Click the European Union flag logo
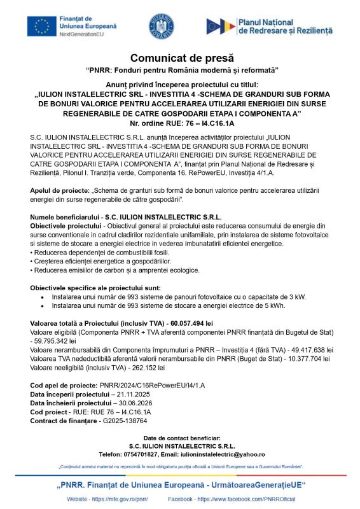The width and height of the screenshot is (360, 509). click(x=41, y=26)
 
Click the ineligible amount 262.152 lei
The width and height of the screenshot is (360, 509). click(x=144, y=367)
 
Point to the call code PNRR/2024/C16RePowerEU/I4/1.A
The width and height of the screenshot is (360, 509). click(x=152, y=385)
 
